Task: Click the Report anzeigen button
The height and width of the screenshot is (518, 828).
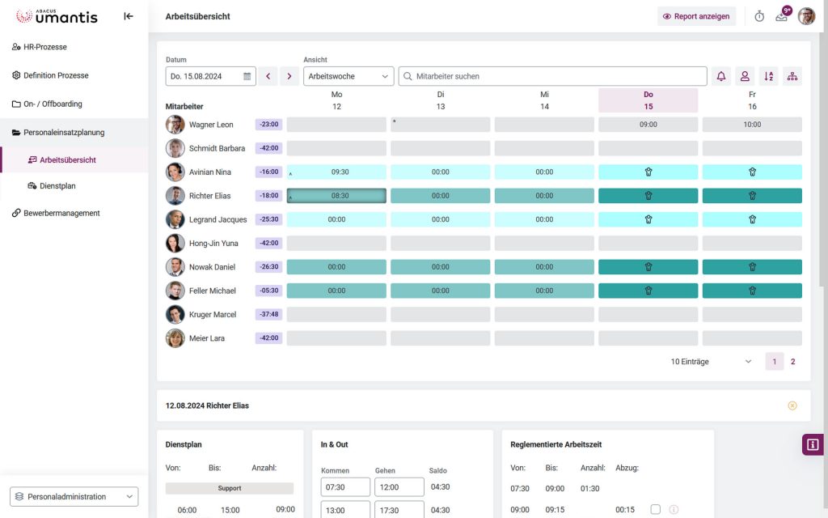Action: (x=695, y=16)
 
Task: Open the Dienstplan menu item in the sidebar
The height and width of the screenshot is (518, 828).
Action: (x=57, y=186)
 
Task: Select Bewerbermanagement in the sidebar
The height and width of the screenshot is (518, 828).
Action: (x=61, y=213)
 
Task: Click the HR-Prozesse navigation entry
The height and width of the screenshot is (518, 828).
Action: (x=44, y=47)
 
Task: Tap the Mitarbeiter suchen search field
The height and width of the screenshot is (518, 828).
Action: (x=558, y=76)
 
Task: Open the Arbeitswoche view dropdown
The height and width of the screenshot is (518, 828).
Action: (x=349, y=76)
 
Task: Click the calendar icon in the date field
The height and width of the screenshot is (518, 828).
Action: (x=247, y=76)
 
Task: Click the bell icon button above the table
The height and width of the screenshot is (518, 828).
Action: (x=721, y=76)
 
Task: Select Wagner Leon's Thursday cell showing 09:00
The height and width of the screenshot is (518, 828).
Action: (x=648, y=125)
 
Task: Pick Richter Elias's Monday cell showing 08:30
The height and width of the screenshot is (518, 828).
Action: (x=337, y=196)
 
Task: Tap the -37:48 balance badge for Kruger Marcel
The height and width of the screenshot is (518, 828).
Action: (x=268, y=314)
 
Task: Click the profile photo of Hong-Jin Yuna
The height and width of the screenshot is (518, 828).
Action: (x=175, y=243)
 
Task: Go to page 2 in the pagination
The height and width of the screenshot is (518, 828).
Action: (x=792, y=362)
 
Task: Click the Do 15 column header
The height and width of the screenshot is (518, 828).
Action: (x=648, y=100)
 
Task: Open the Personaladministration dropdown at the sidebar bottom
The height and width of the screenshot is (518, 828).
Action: (x=74, y=497)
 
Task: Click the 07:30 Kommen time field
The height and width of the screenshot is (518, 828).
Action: (x=345, y=487)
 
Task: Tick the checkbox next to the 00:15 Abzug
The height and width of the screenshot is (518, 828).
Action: (x=655, y=509)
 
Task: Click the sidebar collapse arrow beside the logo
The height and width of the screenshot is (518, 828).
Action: (x=129, y=16)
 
